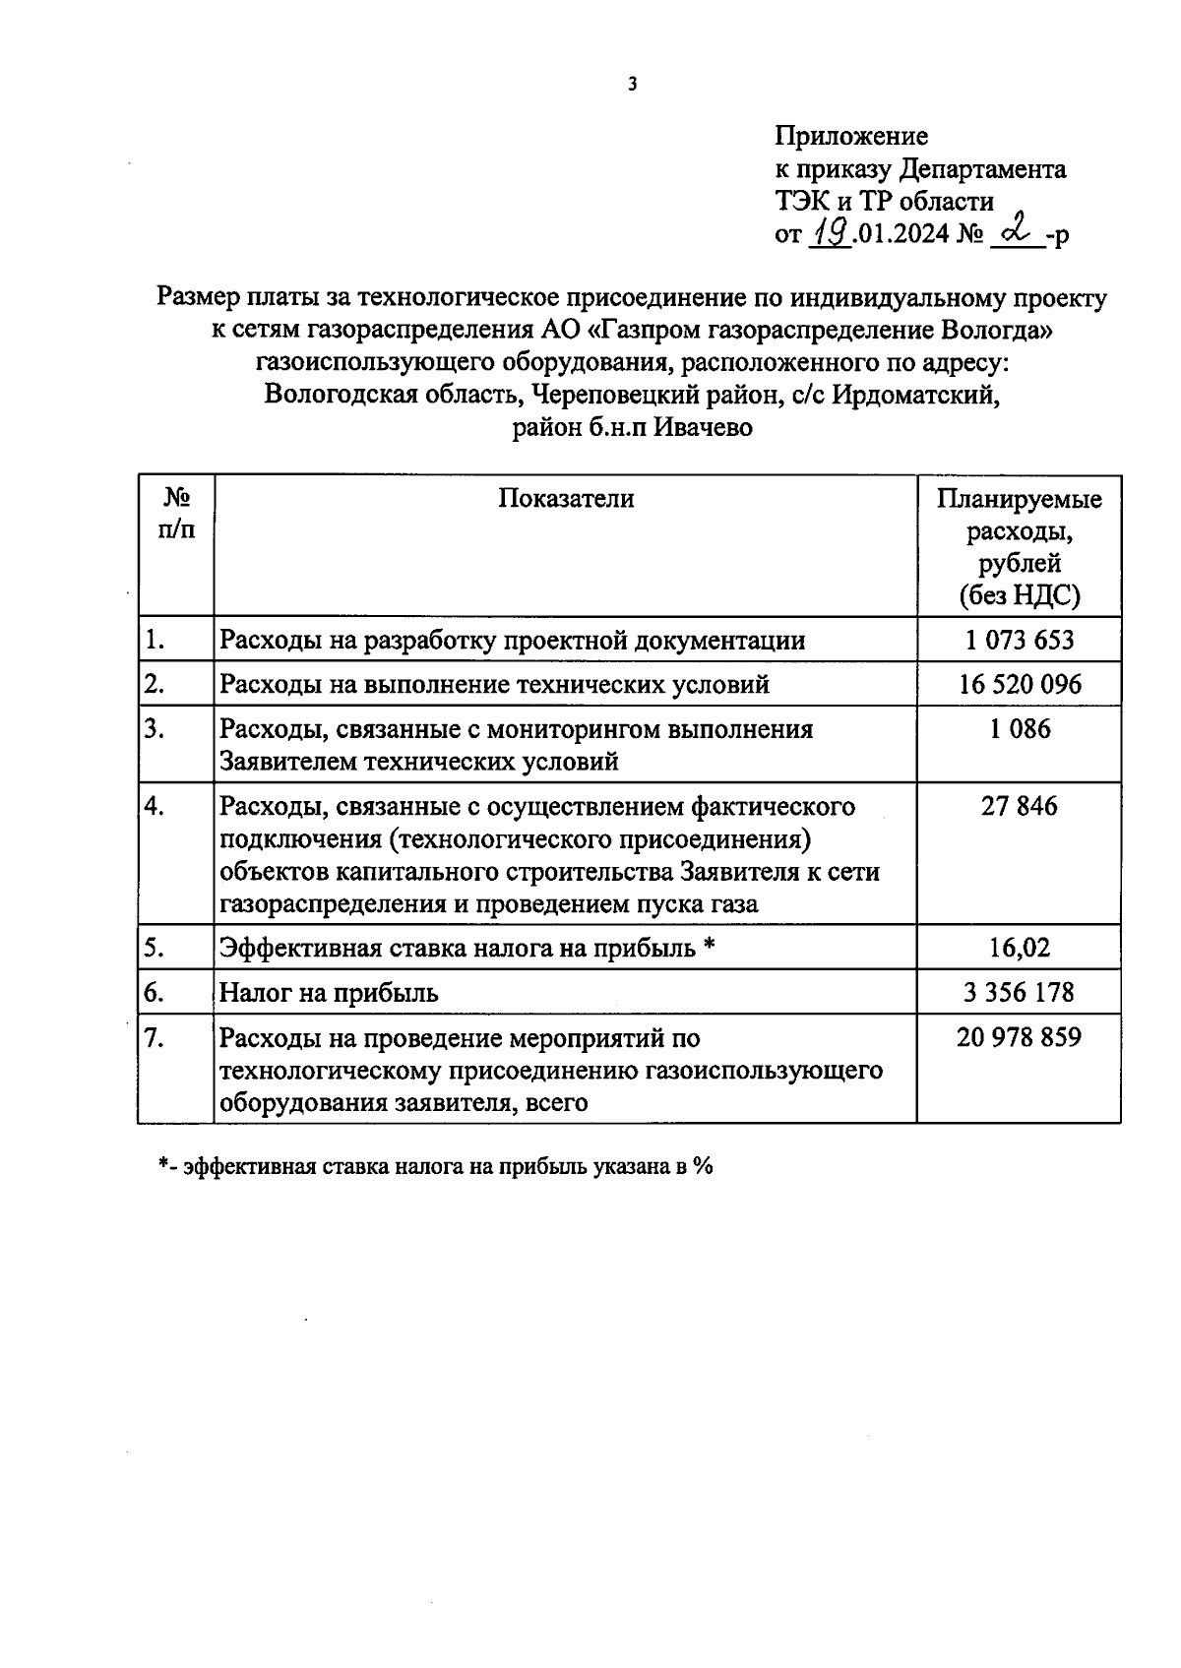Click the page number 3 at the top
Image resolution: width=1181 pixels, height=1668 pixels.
pyautogui.click(x=632, y=85)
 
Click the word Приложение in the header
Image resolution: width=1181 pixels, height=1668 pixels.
pyautogui.click(x=850, y=136)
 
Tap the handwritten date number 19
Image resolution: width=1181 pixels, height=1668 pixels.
pyautogui.click(x=830, y=233)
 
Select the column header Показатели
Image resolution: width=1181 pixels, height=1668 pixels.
pyautogui.click(x=566, y=499)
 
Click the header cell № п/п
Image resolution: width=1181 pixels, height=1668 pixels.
pyautogui.click(x=176, y=514)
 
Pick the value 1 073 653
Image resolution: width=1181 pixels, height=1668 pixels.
pyautogui.click(x=1019, y=641)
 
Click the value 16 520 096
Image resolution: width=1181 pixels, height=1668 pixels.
pyautogui.click(x=1019, y=684)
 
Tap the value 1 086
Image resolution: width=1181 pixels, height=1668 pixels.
pyautogui.click(x=1020, y=729)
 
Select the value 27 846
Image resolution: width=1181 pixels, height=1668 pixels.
pyautogui.click(x=1019, y=807)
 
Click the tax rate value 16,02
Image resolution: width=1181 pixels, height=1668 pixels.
pyautogui.click(x=1019, y=949)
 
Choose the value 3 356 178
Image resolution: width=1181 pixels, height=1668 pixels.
pyautogui.click(x=1019, y=993)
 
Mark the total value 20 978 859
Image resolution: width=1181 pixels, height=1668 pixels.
pyautogui.click(x=1019, y=1037)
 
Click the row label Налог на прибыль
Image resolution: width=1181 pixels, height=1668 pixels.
pyautogui.click(x=329, y=993)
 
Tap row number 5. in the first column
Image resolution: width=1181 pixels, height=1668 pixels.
pyautogui.click(x=154, y=949)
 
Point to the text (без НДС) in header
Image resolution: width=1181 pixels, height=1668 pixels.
pyautogui.click(x=1019, y=596)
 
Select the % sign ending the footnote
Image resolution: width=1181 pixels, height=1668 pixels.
pyautogui.click(x=702, y=1166)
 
